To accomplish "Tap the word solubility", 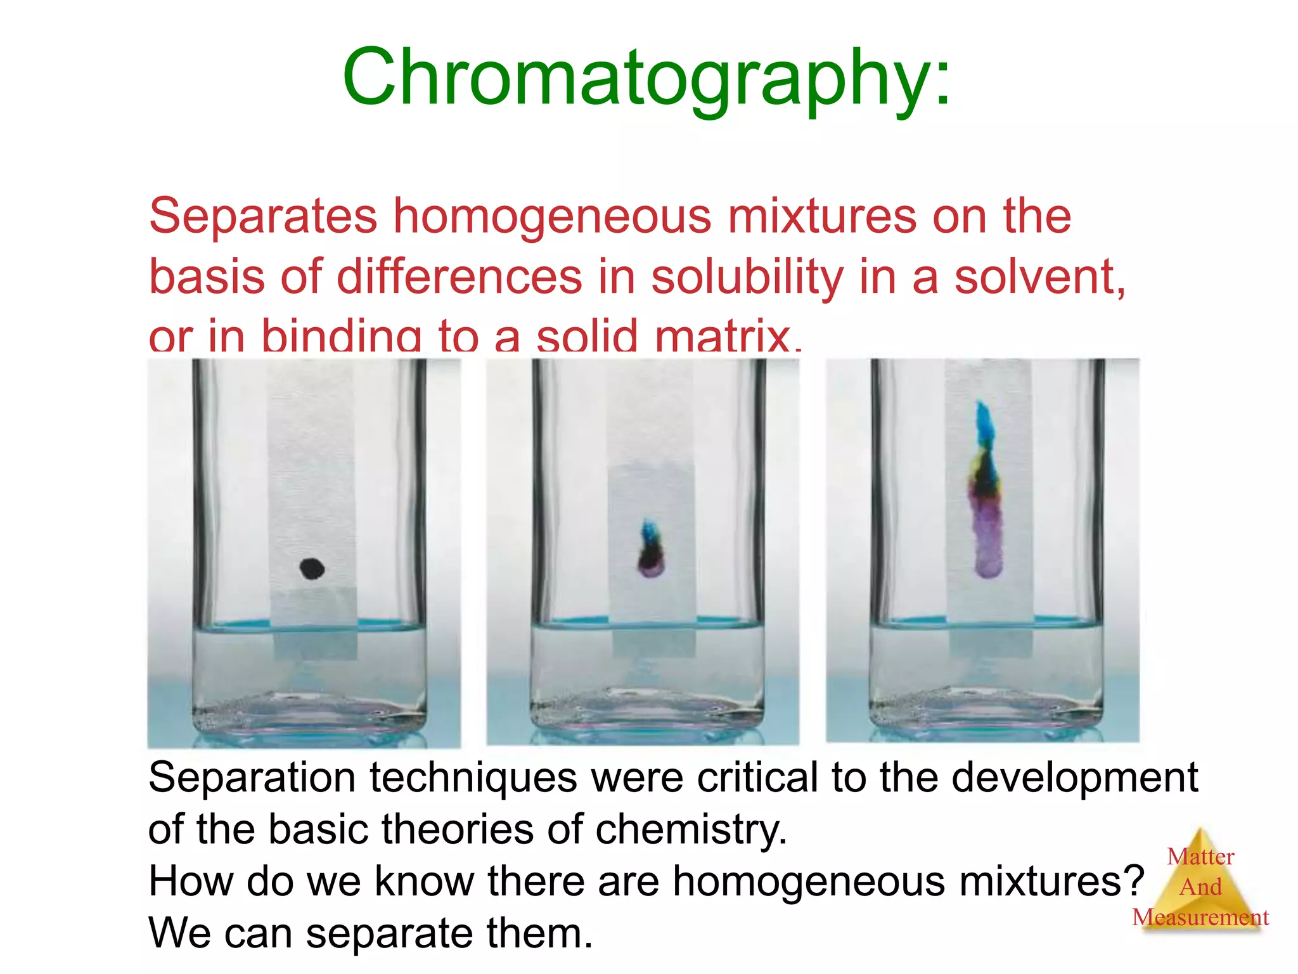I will pyautogui.click(x=747, y=277).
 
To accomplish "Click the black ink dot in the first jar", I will pyautogui.click(x=312, y=569).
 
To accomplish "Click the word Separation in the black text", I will pyautogui.click(x=252, y=778).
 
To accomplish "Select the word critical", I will pyautogui.click(x=757, y=778).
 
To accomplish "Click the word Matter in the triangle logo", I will pyautogui.click(x=1200, y=857).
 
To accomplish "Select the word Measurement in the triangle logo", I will pyautogui.click(x=1200, y=918).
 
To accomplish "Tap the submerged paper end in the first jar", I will pyautogui.click(x=315, y=644).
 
